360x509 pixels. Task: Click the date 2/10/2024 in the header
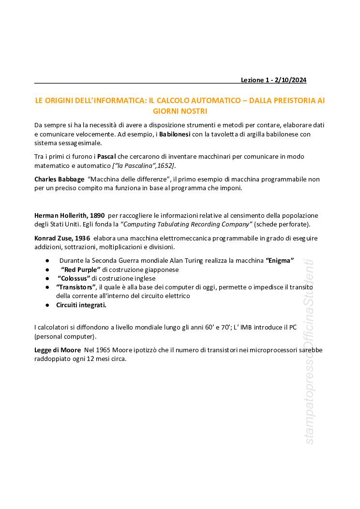[290, 80]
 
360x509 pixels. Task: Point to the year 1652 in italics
[165, 166]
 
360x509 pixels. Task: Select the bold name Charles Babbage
[59, 179]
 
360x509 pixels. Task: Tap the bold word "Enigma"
[280, 260]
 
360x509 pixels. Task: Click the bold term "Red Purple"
[80, 269]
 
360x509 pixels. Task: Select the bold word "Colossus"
[74, 278]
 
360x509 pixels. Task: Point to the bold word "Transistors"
[76, 287]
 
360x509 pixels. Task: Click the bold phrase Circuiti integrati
[81, 305]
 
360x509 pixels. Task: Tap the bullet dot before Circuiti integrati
[47, 305]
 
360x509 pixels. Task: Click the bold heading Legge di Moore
[58, 350]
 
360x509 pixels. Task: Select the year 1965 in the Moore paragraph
[103, 350]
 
